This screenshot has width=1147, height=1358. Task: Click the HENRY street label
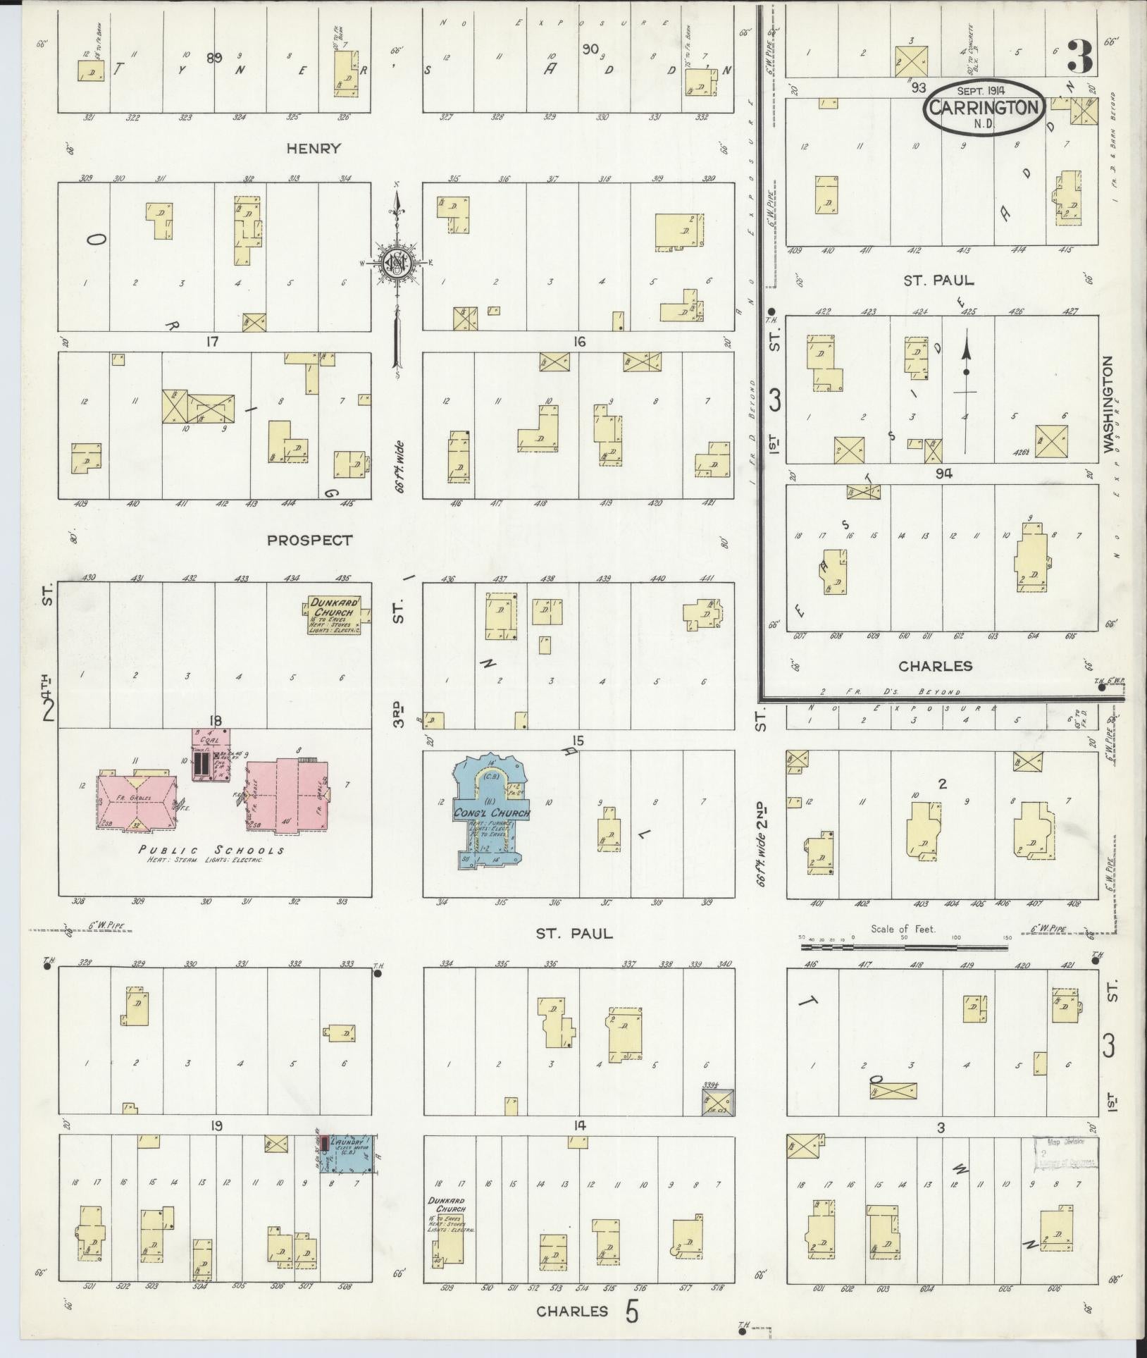314,149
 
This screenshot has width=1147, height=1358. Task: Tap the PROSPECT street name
309,541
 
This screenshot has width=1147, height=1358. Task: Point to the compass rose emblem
396,264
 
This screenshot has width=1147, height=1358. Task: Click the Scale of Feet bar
904,947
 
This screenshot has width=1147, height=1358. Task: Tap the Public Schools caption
211,851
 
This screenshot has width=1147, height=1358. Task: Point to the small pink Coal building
211,754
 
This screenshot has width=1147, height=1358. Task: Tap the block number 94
944,474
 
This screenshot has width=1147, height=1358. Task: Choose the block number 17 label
211,342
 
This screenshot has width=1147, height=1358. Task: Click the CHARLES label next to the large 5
571,1311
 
